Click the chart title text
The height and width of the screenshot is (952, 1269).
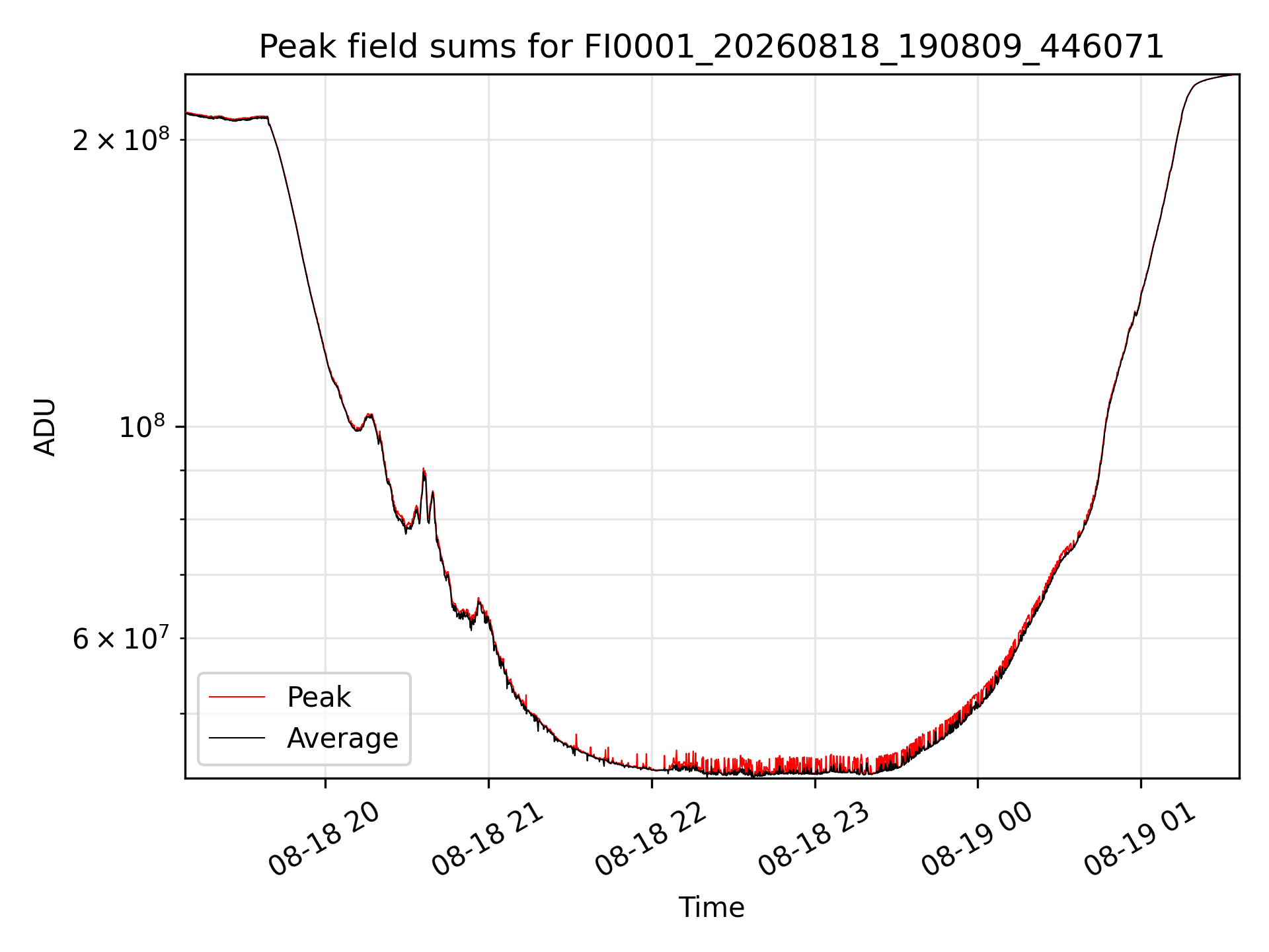coord(711,47)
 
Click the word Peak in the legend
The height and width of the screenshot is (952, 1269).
coord(319,697)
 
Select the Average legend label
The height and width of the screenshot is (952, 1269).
coord(342,738)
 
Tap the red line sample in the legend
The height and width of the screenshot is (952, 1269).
coord(237,697)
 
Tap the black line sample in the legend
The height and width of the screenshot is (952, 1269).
coord(237,738)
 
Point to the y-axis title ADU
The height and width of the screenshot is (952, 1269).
coord(45,426)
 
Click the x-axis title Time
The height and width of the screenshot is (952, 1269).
coord(711,908)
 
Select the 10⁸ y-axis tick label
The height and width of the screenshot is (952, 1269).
coord(144,426)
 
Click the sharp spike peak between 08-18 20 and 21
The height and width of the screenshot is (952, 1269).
coord(424,469)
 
